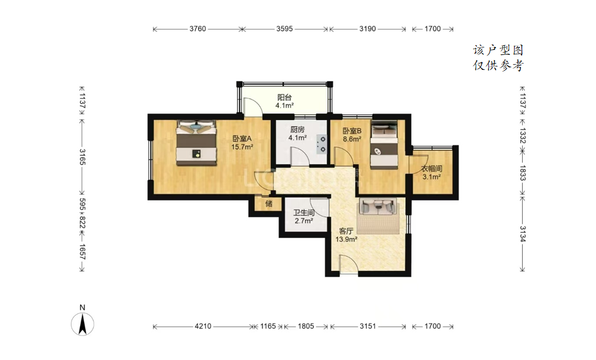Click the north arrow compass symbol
(82, 324)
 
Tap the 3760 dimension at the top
(198, 29)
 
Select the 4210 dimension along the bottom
(203, 326)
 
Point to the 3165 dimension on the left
(82, 157)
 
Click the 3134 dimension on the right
(523, 234)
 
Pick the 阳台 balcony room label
(285, 97)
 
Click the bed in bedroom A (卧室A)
(196, 143)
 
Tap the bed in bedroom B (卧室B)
(384, 145)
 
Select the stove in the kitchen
(322, 144)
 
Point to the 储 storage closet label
(269, 204)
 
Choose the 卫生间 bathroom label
(303, 213)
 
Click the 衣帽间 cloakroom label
(432, 169)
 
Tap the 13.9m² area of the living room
(346, 239)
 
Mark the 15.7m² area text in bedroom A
(242, 147)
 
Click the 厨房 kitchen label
(297, 129)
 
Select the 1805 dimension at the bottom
(306, 326)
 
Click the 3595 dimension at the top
(285, 29)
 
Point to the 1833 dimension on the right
(523, 173)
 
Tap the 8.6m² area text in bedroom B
(352, 139)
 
